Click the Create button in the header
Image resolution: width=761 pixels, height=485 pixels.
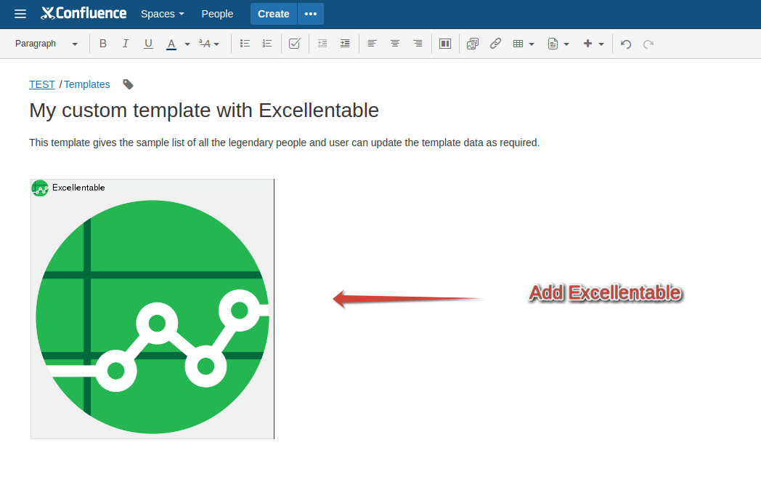[x=273, y=14]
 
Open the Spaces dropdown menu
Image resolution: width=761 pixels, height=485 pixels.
[x=162, y=14]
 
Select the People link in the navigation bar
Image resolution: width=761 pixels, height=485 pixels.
[x=217, y=14]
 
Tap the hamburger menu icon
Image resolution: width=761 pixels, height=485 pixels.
[x=20, y=14]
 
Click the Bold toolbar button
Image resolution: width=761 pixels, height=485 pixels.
[x=103, y=44]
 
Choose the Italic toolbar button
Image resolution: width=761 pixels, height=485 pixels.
[x=125, y=44]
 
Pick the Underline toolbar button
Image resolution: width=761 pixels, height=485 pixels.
[x=149, y=44]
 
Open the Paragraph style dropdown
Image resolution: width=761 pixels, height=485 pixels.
[x=46, y=44]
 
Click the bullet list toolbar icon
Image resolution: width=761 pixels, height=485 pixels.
[x=245, y=44]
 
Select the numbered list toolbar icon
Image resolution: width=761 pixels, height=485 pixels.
[x=267, y=44]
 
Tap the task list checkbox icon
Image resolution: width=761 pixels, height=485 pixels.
[x=295, y=44]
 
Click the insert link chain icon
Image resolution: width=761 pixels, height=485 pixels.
[x=495, y=44]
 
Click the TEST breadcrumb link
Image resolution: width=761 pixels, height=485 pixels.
[x=41, y=84]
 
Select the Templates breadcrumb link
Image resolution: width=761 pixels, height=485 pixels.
[x=87, y=84]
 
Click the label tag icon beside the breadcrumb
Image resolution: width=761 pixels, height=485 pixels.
[x=128, y=84]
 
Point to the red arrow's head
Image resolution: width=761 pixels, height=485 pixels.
[x=334, y=299]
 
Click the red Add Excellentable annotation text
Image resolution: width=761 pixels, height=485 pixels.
[x=605, y=293]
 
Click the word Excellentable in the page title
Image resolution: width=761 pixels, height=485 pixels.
[x=318, y=111]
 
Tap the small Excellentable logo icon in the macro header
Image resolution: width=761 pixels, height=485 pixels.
[x=40, y=188]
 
